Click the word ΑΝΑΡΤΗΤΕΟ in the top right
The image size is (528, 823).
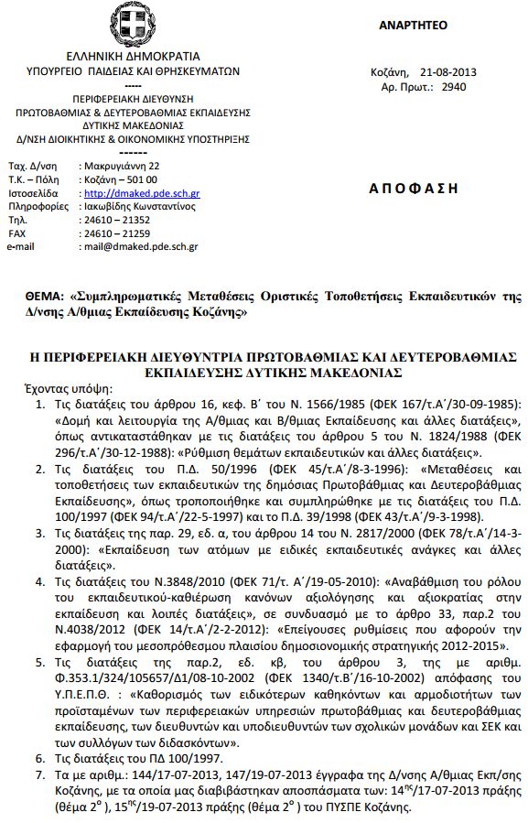click(413, 26)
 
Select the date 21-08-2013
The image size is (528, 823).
click(447, 73)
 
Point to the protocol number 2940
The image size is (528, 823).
click(454, 88)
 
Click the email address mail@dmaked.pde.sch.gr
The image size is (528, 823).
click(140, 246)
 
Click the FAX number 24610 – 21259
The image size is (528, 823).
click(117, 233)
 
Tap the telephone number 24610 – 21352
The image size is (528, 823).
click(117, 221)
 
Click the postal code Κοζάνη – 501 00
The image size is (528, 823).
click(120, 180)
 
